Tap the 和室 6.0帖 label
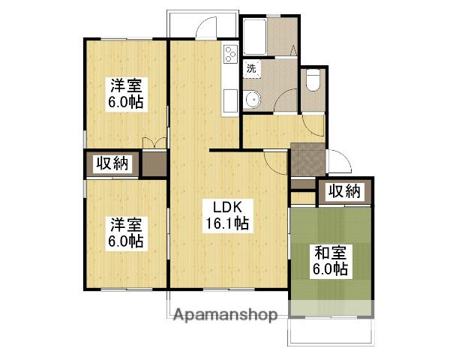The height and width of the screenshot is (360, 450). (x=330, y=259)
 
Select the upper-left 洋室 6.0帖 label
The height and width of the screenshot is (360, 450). (x=126, y=94)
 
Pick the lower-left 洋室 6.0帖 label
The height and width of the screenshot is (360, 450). (x=126, y=232)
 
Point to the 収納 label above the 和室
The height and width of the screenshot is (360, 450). (x=344, y=190)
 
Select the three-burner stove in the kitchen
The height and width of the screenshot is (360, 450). (x=230, y=53)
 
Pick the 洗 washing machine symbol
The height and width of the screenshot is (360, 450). (x=251, y=68)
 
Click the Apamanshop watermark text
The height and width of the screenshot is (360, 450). (x=225, y=314)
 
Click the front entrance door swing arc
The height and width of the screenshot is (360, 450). (x=338, y=161)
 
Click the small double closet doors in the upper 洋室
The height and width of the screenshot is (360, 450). (x=154, y=142)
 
